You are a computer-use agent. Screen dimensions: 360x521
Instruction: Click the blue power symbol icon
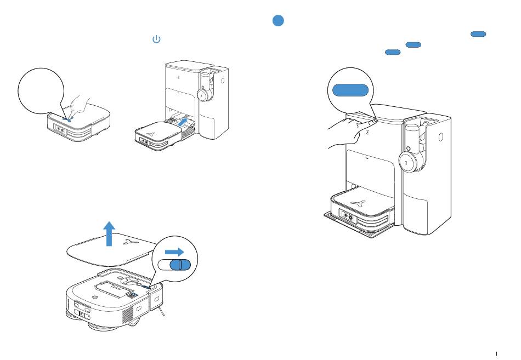[156, 39]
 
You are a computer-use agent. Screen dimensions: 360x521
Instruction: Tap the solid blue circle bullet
[278, 21]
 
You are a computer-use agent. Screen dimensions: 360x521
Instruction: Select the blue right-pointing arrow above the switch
[175, 252]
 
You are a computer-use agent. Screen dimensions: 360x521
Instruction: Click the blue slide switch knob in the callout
[179, 265]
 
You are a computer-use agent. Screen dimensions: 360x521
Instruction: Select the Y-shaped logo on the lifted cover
[131, 241]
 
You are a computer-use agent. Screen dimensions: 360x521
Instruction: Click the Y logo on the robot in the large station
[359, 203]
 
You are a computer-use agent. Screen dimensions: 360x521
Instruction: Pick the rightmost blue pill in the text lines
[478, 34]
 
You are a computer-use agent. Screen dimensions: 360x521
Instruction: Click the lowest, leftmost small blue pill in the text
[392, 52]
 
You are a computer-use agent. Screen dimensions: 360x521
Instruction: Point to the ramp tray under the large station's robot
[356, 231]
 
